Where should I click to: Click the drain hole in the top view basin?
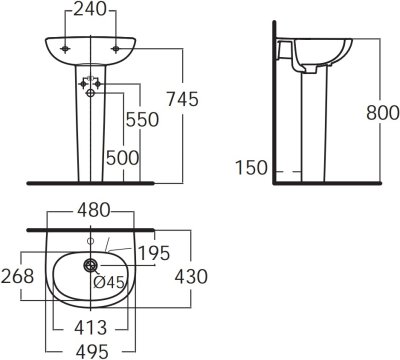(90, 265)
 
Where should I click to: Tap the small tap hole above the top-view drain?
(90, 241)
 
